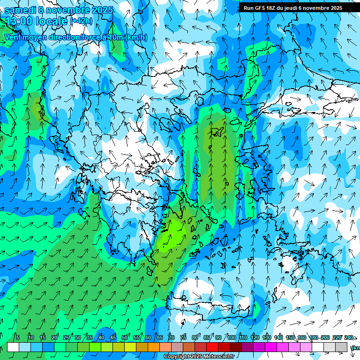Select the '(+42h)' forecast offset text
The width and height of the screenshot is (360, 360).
coord(81,21)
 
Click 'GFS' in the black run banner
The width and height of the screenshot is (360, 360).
coord(262,8)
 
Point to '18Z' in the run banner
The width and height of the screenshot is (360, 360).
coord(274,8)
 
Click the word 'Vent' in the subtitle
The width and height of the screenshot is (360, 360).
coord(13,37)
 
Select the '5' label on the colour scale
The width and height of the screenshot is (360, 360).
coord(18,337)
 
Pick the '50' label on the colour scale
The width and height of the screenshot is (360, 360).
coord(125,337)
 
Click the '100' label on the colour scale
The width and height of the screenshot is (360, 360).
coord(231,337)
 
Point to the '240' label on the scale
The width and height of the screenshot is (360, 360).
coord(349,337)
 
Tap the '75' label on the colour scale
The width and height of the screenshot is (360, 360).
coord(183,337)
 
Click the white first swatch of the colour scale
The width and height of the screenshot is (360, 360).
coord(13,347)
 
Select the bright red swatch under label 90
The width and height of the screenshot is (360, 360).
coord(212,347)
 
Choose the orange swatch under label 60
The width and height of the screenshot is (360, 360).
coord(142,347)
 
